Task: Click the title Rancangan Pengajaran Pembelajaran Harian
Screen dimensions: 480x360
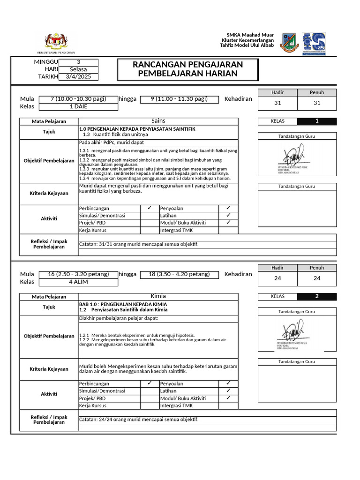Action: [187, 69]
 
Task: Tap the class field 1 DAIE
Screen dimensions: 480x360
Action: [78, 106]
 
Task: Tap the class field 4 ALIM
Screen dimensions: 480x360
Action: [78, 282]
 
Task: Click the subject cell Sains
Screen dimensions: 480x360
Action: [158, 121]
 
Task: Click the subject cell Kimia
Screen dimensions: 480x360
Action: [158, 296]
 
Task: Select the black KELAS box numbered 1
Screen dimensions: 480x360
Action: [317, 121]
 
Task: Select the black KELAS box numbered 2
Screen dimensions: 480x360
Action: [317, 296]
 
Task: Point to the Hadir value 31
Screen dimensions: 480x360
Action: [277, 103]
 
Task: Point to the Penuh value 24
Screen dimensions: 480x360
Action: [317, 278]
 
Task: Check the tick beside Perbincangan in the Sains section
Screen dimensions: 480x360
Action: [149, 208]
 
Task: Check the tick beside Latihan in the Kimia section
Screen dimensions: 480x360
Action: [228, 390]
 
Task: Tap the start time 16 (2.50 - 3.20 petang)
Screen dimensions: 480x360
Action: [78, 274]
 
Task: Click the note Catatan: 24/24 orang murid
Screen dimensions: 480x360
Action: [139, 420]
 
